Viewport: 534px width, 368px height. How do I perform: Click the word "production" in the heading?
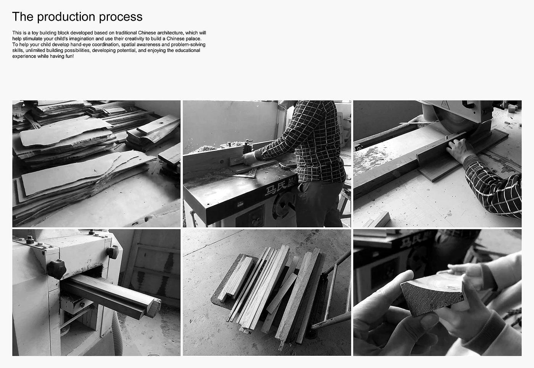tap(66, 17)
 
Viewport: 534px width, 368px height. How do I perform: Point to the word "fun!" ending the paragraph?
tap(69, 56)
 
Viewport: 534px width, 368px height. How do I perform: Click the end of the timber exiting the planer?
tap(156, 308)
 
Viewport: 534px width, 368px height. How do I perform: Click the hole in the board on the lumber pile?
tap(161, 123)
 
